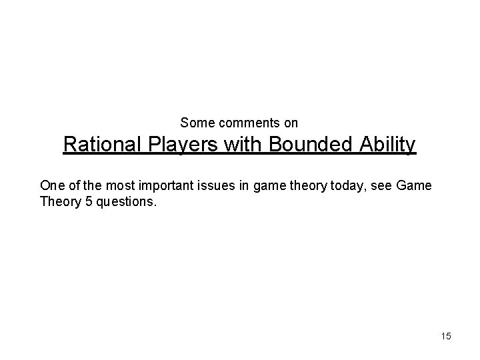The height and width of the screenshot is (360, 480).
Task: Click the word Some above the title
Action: tap(195, 123)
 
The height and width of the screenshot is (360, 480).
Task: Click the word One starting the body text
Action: tap(51, 185)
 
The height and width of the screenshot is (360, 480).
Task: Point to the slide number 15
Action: tap(445, 336)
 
